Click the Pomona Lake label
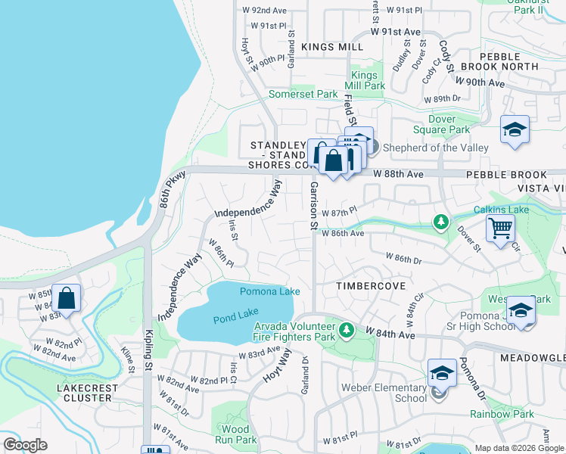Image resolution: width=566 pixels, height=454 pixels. [x=266, y=291]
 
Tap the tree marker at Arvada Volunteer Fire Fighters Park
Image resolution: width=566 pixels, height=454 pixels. [x=347, y=329]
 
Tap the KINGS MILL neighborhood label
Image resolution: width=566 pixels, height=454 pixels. [x=332, y=47]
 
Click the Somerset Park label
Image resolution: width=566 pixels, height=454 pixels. [x=303, y=94]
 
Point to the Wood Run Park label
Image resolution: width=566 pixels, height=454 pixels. [x=235, y=434]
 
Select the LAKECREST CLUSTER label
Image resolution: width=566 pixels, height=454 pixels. [x=88, y=392]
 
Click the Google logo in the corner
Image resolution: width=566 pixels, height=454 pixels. [x=25, y=445]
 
